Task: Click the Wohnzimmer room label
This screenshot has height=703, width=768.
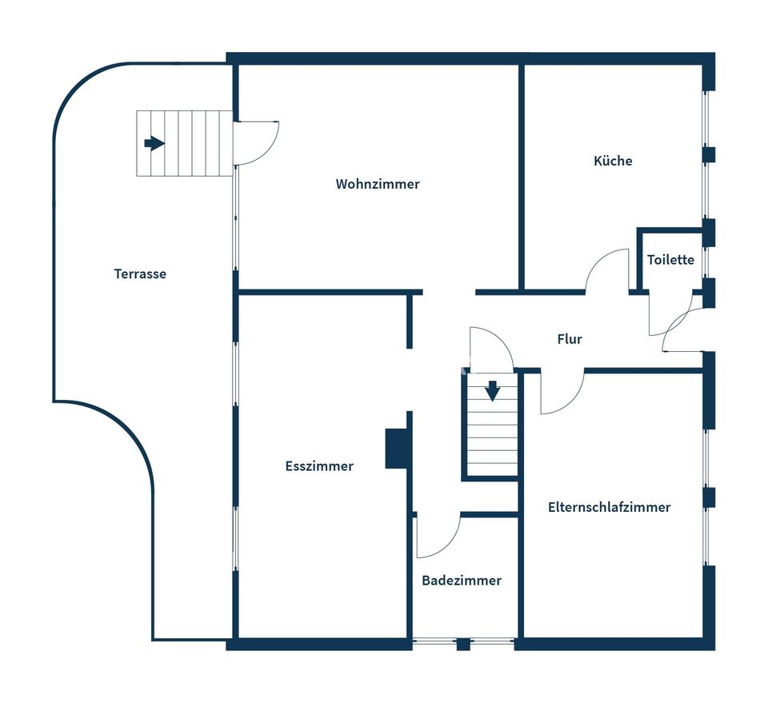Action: [x=378, y=184]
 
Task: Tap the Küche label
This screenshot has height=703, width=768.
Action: [x=613, y=161]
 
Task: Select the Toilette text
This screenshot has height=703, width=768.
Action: [x=670, y=259]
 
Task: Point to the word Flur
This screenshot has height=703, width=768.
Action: [x=570, y=339]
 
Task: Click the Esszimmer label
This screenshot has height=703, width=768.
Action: [x=319, y=465]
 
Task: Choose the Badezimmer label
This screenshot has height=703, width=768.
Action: [x=462, y=581]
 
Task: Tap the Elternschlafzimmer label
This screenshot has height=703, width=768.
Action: [x=610, y=507]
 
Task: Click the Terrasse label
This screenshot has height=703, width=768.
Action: [x=140, y=274]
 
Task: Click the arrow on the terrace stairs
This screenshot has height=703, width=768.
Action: [x=154, y=143]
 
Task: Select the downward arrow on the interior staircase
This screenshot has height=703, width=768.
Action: [x=492, y=391]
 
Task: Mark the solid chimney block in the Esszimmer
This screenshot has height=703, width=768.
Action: [x=396, y=449]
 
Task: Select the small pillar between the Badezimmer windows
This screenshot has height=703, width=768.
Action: [x=463, y=644]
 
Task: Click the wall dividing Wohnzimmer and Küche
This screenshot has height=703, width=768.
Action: [x=522, y=178]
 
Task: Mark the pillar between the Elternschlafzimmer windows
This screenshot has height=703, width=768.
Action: [x=709, y=497]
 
